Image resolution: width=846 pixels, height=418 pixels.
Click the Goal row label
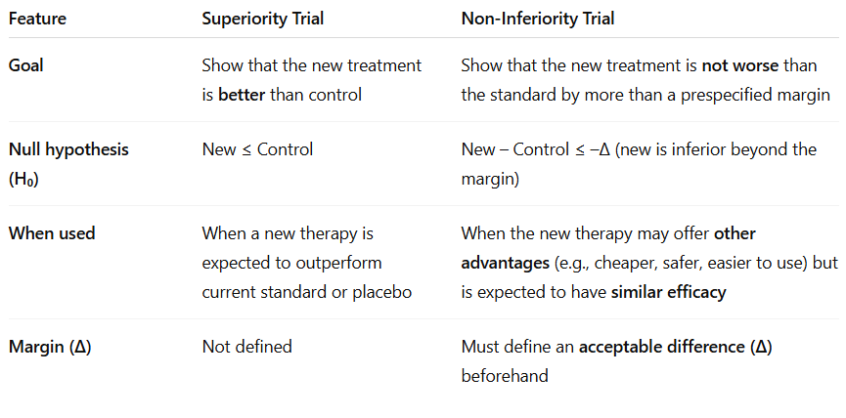pos(27,65)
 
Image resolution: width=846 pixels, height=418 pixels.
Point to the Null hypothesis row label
pos(68,149)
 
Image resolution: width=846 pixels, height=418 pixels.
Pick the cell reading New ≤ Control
pos(257,149)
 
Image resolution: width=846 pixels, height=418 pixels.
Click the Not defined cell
pos(246,347)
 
